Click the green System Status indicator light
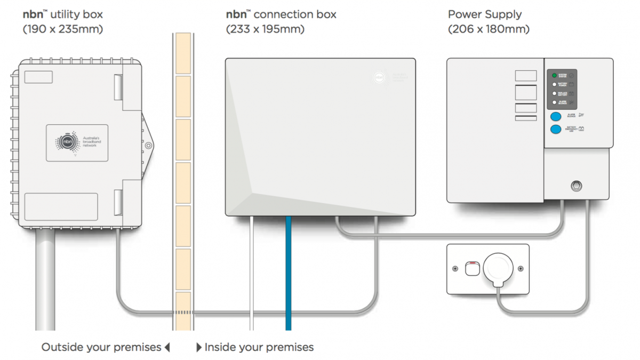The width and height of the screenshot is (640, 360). click(x=555, y=76)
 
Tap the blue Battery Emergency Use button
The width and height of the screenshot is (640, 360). click(x=556, y=129)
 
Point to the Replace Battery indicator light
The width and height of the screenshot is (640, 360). click(x=555, y=93)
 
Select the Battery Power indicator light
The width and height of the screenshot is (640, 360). click(x=555, y=84)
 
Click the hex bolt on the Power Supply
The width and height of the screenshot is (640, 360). click(x=576, y=186)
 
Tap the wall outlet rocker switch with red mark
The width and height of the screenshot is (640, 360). click(x=472, y=268)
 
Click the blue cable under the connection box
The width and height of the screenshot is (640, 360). click(x=289, y=272)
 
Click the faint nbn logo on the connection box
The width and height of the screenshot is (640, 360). click(x=379, y=76)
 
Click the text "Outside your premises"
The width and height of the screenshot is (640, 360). click(x=101, y=348)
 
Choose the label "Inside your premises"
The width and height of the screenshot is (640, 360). click(x=259, y=348)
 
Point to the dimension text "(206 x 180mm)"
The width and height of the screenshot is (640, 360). click(x=489, y=29)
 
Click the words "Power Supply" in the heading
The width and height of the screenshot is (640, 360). click(x=485, y=14)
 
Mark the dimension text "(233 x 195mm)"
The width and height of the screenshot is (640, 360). click(x=265, y=29)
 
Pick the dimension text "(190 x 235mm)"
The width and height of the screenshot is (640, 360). click(x=63, y=29)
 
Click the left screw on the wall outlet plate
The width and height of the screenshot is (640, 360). click(x=455, y=269)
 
